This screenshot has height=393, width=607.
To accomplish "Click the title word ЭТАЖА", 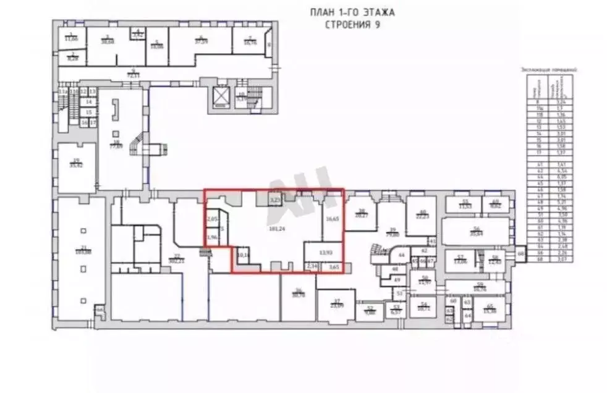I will pyautogui.click(x=375, y=12).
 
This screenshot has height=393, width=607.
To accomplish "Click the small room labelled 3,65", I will pyautogui.click(x=334, y=266).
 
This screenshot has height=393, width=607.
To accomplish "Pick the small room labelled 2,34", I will pyautogui.click(x=311, y=266).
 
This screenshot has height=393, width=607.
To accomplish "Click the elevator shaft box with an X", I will pyautogui.click(x=220, y=96).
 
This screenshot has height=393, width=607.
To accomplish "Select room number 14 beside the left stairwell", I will pyautogui.click(x=88, y=101).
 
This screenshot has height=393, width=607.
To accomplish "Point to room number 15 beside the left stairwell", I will pyautogui.click(x=88, y=112).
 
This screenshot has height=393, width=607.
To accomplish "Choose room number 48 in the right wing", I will pyautogui.click(x=395, y=269).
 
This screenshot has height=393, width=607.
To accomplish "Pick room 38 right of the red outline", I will pyautogui.click(x=361, y=213).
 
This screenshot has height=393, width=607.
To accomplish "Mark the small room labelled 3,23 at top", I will pyautogui.click(x=276, y=200).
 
